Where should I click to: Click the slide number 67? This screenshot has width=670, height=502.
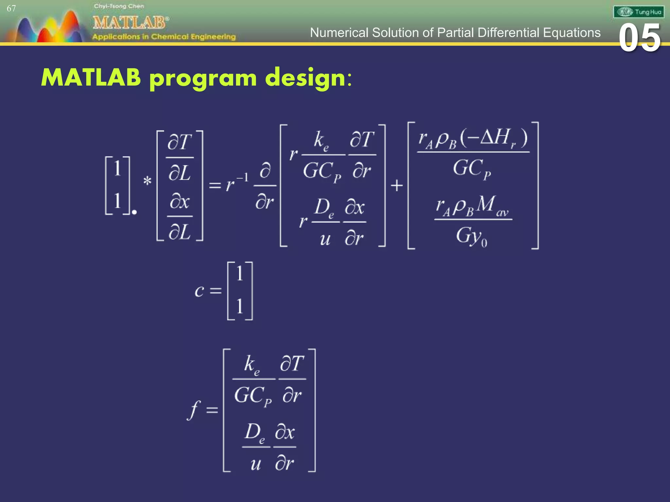pos(11,8)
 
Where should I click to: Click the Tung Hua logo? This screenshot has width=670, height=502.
pos(639,12)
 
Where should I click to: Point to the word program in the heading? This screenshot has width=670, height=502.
pos(203,78)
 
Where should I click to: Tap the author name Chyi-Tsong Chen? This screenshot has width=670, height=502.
pos(119,6)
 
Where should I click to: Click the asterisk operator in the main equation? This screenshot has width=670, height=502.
pos(148,181)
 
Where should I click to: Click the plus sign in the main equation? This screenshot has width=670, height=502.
pos(397,186)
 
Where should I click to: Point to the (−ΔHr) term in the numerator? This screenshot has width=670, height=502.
pos(494,138)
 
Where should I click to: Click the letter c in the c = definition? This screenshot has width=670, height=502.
pos(199,291)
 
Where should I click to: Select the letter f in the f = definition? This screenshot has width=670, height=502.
pos(194,410)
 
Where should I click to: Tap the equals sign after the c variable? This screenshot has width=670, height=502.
pos(216,291)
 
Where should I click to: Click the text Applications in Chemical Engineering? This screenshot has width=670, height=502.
pos(164,37)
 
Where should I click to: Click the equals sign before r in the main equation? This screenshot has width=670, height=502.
pos(215,186)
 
